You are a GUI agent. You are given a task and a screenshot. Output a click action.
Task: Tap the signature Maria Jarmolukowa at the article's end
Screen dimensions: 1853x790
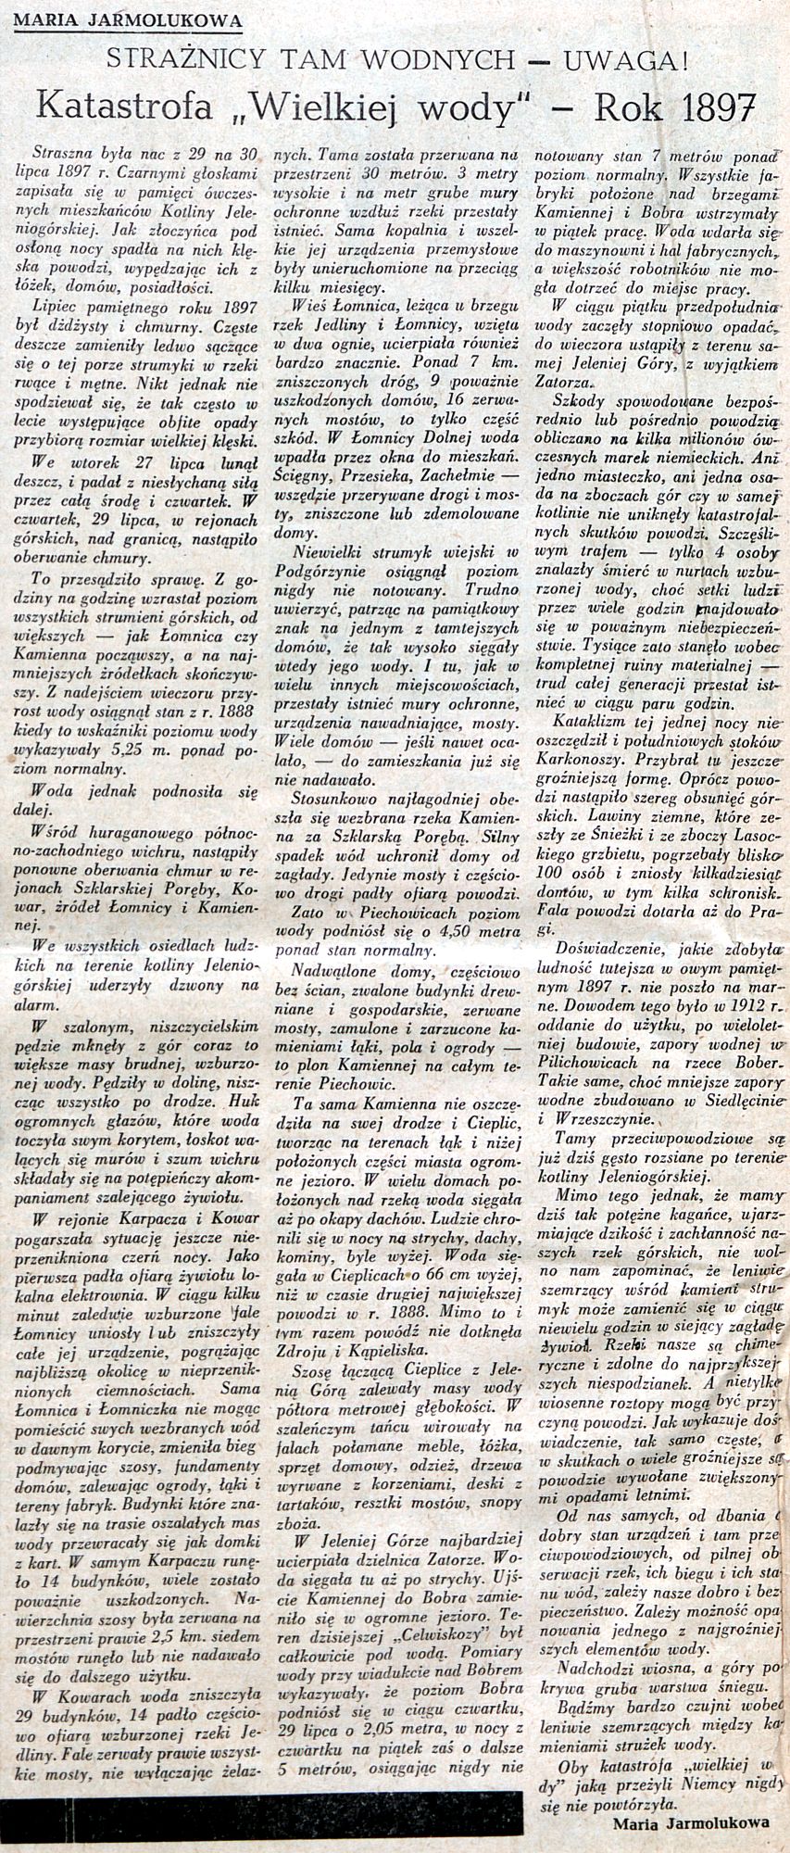pos(691,1821)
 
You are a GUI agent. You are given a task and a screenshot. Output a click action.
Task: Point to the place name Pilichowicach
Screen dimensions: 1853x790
pos(589,1065)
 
